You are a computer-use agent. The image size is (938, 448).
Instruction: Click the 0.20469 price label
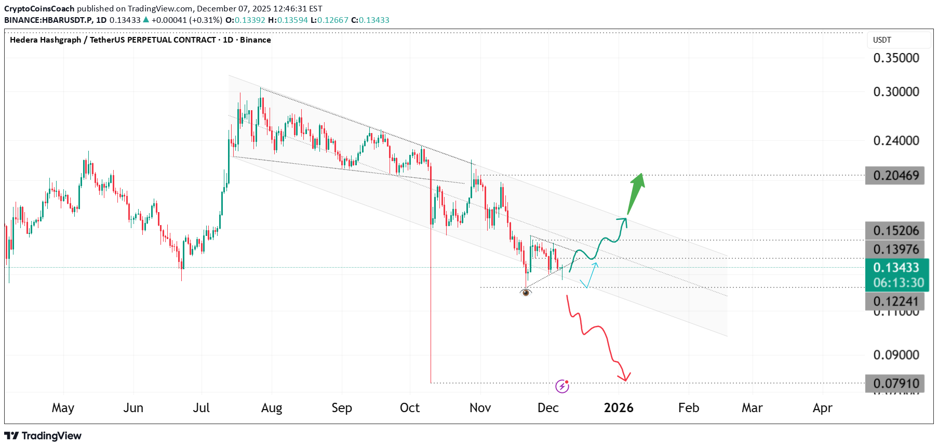tap(895, 176)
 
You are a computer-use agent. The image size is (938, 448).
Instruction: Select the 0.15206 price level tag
tap(895, 231)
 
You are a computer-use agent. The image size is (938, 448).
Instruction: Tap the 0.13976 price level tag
tap(895, 249)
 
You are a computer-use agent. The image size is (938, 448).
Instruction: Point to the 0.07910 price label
tap(895, 384)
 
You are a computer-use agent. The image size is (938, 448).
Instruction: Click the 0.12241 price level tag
tap(895, 301)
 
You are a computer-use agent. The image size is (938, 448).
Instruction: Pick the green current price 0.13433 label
tap(896, 268)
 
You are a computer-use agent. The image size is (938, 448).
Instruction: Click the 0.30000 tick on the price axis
tap(896, 92)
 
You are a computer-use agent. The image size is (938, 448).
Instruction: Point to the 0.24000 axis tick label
tap(896, 141)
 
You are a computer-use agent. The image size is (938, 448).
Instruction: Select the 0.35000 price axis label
tap(896, 58)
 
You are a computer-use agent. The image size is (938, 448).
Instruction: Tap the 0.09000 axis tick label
tap(896, 355)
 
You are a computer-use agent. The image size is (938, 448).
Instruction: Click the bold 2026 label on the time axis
tap(619, 408)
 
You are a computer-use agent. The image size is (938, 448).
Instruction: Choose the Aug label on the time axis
tap(272, 408)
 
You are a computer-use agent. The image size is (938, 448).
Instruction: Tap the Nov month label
tap(480, 408)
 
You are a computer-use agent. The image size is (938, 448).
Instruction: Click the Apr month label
tap(822, 408)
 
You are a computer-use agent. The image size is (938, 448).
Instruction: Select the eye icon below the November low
tap(526, 293)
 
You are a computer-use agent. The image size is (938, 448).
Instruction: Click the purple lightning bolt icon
tap(562, 386)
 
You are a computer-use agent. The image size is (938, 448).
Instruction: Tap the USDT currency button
tap(882, 40)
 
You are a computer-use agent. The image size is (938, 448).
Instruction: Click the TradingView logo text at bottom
tap(43, 436)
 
